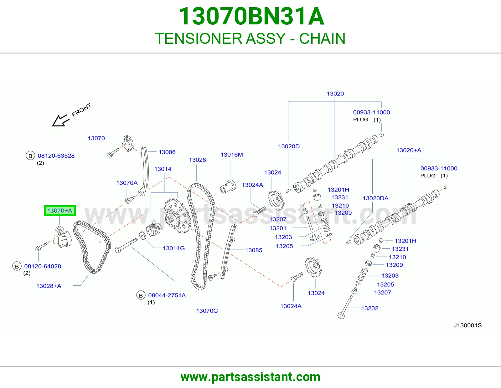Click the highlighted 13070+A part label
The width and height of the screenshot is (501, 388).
click(x=60, y=211)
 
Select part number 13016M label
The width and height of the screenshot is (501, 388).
click(x=232, y=155)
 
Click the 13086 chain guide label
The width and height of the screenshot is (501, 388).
click(x=167, y=152)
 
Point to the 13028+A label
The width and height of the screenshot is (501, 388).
click(x=49, y=286)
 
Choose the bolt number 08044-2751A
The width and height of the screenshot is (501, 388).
click(x=167, y=295)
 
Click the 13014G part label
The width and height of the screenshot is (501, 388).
click(x=173, y=248)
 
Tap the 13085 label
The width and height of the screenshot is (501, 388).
click(x=254, y=250)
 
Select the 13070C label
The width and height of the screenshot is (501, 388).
click(x=207, y=311)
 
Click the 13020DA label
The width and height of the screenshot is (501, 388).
click(x=375, y=198)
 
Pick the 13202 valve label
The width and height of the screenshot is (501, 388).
click(x=369, y=308)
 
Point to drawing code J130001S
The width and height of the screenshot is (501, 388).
click(x=467, y=325)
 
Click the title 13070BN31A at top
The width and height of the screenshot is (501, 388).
click(x=251, y=16)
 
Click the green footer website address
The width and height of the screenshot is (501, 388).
click(x=250, y=377)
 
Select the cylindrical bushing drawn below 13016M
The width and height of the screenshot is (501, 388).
click(x=228, y=186)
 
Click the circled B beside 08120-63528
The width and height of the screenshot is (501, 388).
click(x=30, y=156)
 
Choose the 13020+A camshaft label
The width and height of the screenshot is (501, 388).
click(x=409, y=150)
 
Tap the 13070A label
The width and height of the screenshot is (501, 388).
click(x=127, y=183)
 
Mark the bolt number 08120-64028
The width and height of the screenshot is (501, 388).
click(x=43, y=266)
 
